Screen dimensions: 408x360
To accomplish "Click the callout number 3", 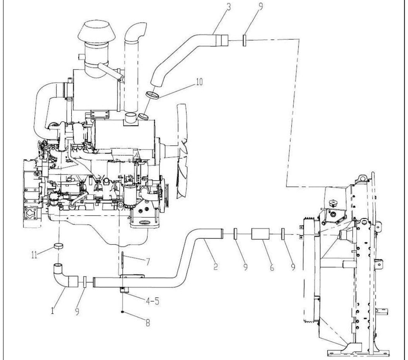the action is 228,6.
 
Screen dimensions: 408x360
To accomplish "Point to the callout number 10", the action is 199,82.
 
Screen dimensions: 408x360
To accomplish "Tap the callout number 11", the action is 34,255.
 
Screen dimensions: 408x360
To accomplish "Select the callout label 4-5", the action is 152,301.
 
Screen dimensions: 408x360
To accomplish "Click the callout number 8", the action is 147,323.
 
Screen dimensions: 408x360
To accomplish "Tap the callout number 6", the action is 272,267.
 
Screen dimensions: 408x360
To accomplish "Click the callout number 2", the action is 216,266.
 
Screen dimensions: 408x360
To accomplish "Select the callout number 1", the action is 53,310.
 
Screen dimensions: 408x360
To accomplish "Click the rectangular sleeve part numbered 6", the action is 260,234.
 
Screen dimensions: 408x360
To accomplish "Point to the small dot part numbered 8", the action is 122,312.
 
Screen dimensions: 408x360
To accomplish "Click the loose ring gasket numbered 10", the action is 153,95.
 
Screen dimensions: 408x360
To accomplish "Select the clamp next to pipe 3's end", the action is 245,40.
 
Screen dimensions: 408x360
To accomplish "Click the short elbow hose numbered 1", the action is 65,276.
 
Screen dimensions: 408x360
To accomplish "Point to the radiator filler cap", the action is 332,203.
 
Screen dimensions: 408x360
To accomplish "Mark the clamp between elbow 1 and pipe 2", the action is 85,282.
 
